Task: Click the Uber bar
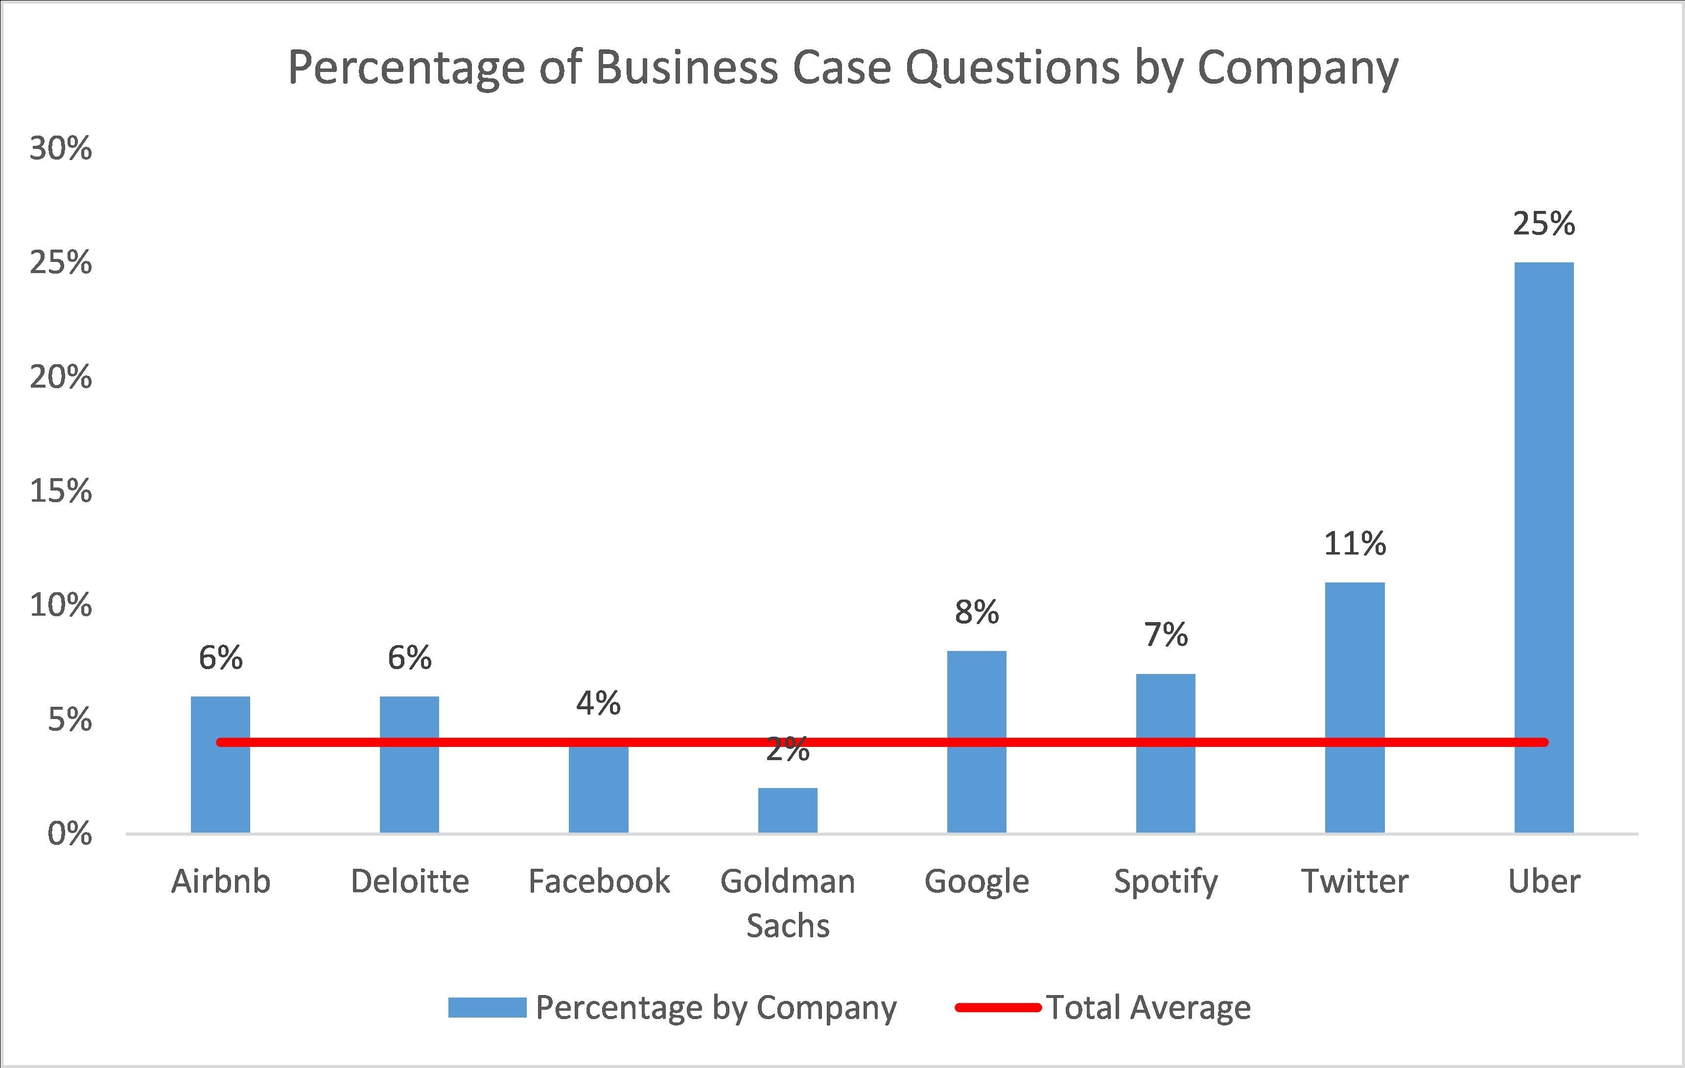tap(1544, 546)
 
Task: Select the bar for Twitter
tap(1355, 706)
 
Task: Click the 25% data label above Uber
tap(1544, 224)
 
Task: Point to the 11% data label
tap(1355, 543)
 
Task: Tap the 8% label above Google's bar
tap(976, 613)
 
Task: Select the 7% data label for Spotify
tap(1166, 635)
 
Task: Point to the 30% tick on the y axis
tap(61, 149)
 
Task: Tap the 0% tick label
tap(70, 834)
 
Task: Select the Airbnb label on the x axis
tap(220, 881)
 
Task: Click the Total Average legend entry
tap(1147, 1008)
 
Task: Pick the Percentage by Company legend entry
tap(715, 1008)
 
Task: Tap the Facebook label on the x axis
tap(598, 881)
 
